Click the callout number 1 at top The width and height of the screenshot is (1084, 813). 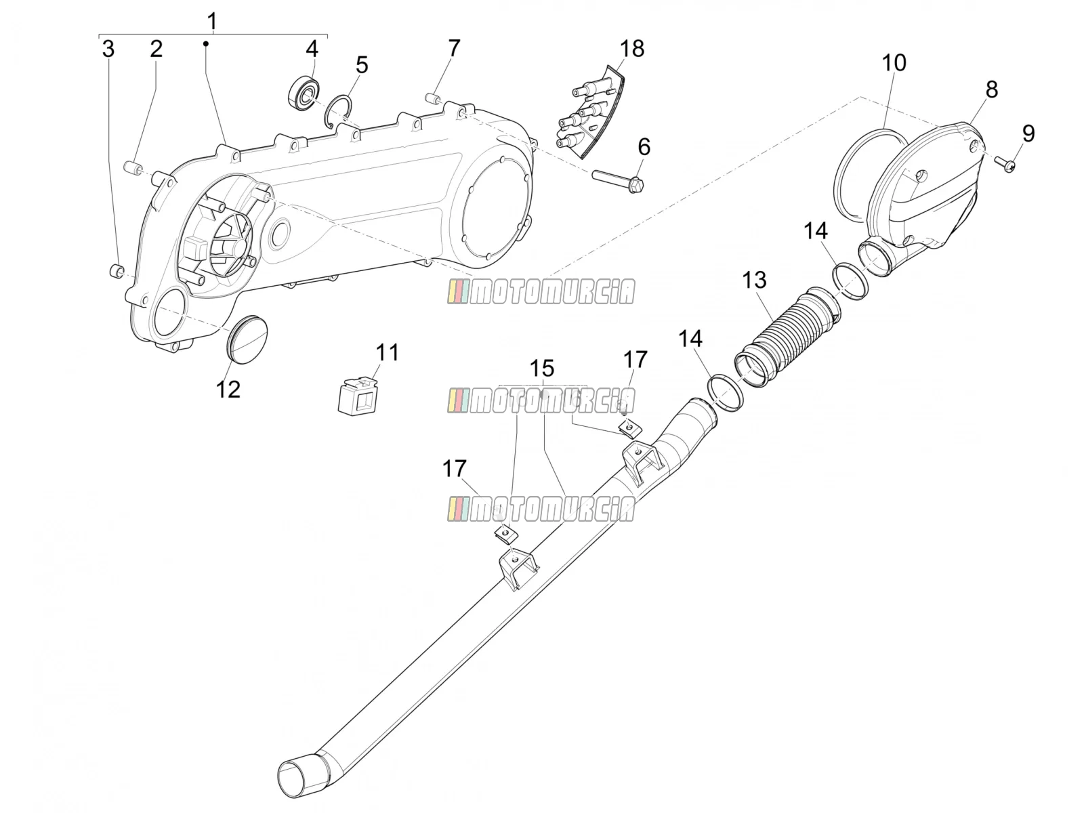(212, 22)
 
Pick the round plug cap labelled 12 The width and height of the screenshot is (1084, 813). (247, 339)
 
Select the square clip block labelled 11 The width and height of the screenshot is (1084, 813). (357, 396)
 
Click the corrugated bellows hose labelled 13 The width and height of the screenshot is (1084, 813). (789, 338)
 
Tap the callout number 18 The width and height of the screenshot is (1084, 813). (632, 49)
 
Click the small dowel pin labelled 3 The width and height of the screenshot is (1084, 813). (116, 271)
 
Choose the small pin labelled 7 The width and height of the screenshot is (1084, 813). (432, 98)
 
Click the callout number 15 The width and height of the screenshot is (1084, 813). (542, 369)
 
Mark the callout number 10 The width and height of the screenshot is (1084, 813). (894, 63)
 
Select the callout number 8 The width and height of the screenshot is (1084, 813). (992, 90)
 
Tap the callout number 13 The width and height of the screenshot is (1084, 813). (754, 280)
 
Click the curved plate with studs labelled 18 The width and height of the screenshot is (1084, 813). (590, 114)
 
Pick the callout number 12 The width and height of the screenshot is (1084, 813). (228, 390)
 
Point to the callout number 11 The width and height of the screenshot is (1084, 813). (387, 352)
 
